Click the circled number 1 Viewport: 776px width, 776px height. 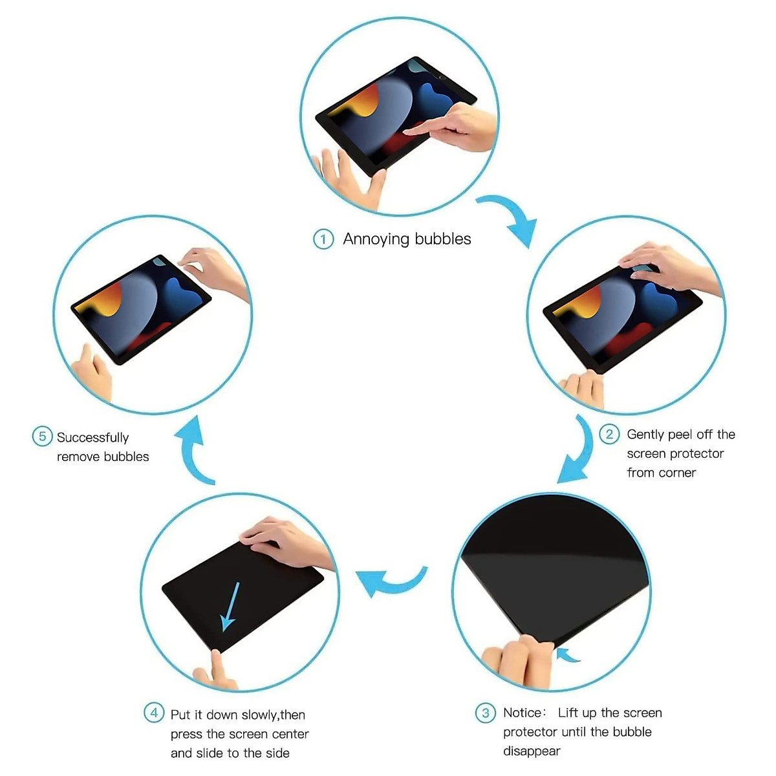pos(323,239)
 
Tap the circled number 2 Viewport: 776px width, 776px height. pos(609,434)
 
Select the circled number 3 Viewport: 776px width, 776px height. pos(485,713)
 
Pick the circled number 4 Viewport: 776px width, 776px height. pos(153,713)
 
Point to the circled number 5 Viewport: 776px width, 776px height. pos(42,436)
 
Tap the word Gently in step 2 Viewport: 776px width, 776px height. pos(645,435)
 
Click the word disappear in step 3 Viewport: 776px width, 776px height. pos(532,751)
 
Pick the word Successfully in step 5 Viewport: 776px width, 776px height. pos(92,438)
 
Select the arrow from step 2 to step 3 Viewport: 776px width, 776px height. pos(577,453)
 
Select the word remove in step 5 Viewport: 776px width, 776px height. pos(78,457)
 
